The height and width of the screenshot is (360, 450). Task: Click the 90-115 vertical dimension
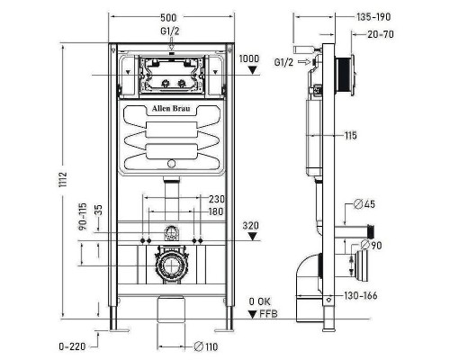[83, 217]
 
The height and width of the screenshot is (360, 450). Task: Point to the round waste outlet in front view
[171, 266]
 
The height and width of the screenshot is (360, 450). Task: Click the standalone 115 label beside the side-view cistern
[349, 135]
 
